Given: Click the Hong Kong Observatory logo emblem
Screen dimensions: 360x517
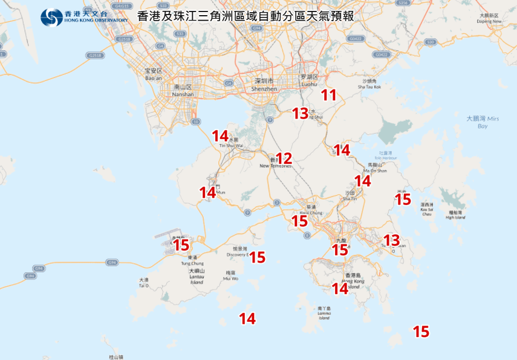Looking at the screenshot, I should click(x=51, y=17).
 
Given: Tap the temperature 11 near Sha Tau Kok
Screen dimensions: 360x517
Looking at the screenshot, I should click(x=328, y=95).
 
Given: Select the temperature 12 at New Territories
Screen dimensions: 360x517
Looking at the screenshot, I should click(x=284, y=159).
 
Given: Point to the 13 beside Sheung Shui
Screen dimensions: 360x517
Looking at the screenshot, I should click(x=300, y=113).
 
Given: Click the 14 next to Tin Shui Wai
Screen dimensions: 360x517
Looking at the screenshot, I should click(x=219, y=136).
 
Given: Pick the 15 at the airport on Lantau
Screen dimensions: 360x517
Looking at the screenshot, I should click(x=181, y=245).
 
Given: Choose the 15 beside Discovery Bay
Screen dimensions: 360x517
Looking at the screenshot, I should click(x=257, y=257).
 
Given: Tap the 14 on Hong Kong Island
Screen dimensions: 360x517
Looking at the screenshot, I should click(x=340, y=289).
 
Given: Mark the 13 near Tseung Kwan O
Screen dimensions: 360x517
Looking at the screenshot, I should click(x=391, y=240).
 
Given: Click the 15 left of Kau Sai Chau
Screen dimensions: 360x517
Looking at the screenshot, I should click(x=403, y=199).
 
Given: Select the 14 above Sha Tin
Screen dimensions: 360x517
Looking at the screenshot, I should click(x=362, y=180).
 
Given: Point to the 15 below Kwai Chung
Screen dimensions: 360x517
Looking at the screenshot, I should click(x=299, y=221).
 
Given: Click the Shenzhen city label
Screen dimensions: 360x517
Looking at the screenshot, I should click(x=265, y=85).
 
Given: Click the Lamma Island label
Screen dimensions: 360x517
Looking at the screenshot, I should click(x=324, y=313).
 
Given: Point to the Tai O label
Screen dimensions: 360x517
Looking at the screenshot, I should click(x=143, y=283).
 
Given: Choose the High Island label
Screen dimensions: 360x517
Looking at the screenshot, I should click(x=455, y=215).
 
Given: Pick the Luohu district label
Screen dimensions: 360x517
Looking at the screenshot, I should click(x=308, y=80).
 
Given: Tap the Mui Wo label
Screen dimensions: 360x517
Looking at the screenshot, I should click(x=230, y=276).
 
